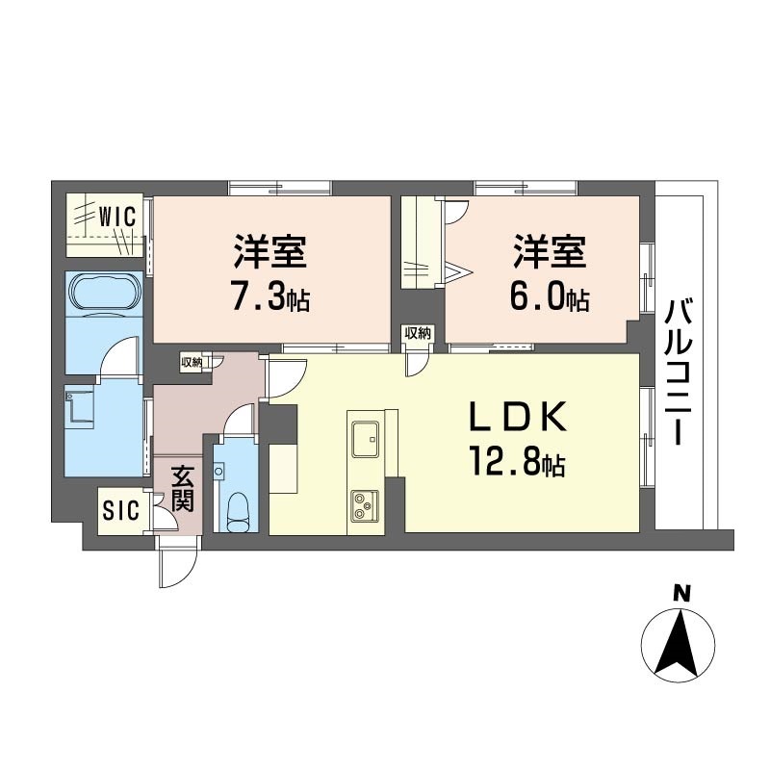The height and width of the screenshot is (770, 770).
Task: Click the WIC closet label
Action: click(x=116, y=217)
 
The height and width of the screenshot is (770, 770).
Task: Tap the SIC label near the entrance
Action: click(x=121, y=511)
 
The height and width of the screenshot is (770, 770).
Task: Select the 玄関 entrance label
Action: click(x=182, y=489)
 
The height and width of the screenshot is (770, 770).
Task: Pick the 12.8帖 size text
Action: click(x=518, y=462)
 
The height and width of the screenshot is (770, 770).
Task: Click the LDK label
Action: click(x=518, y=417)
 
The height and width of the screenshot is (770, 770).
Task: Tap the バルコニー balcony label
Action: click(x=679, y=373)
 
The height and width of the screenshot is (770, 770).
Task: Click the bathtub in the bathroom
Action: click(x=104, y=294)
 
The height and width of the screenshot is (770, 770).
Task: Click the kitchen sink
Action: click(x=366, y=438)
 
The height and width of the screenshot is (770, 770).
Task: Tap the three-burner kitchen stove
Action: click(x=365, y=505)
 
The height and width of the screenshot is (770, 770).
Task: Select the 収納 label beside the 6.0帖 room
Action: click(x=418, y=333)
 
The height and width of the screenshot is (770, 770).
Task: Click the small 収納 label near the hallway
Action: click(x=191, y=363)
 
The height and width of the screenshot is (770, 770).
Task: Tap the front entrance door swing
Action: click(x=175, y=563)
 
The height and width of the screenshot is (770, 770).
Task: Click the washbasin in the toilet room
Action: click(x=218, y=472)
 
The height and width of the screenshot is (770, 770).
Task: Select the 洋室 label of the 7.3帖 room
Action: click(x=270, y=252)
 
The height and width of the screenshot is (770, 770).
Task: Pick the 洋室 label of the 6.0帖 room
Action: click(x=551, y=252)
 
